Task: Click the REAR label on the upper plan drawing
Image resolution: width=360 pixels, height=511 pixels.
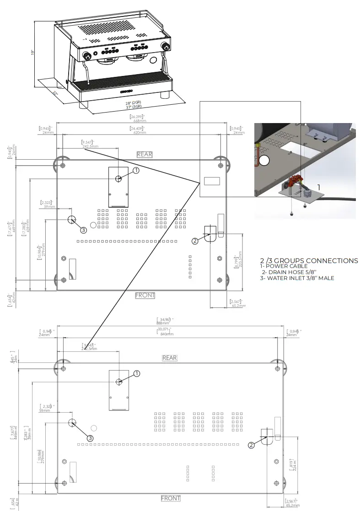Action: pos(145,155)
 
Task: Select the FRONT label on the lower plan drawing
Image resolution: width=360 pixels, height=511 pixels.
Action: pos(171,498)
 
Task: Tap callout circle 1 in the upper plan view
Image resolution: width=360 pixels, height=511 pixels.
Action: pos(135,170)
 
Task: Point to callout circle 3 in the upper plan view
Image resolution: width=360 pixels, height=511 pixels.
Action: pos(83,230)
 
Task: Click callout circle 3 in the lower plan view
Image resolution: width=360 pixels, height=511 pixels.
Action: pos(90,438)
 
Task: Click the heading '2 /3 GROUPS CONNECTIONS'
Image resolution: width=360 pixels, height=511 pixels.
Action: pos(309,261)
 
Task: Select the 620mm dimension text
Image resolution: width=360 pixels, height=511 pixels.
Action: pos(140,133)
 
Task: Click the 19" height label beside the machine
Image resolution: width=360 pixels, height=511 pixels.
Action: pos(32,53)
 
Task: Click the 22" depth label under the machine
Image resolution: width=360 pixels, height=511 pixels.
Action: pos(56,94)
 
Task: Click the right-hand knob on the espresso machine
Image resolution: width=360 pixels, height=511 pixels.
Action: pos(167,47)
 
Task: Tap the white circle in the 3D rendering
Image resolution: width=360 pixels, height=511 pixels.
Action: pos(264,160)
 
